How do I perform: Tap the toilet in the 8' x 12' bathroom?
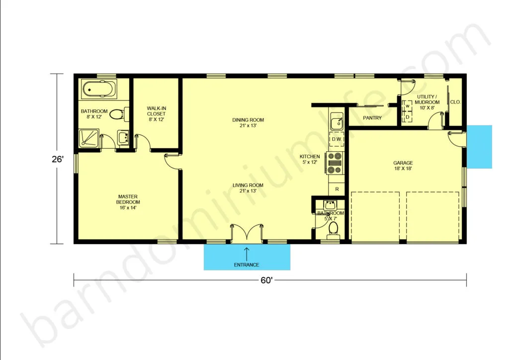pos(119,114)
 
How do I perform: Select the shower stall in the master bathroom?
pos(88,139)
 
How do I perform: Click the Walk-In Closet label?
pos(156,113)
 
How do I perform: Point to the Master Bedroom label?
pos(128,202)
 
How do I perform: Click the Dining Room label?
pos(248,123)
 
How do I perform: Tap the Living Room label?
pos(248,188)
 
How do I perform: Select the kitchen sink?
pos(337,122)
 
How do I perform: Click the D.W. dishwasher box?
pos(337,139)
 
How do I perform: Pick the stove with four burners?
pos(335,163)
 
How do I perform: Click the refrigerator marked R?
pos(337,188)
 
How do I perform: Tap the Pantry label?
pos(372,118)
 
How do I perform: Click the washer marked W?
pos(408,106)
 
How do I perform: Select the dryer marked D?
pos(408,117)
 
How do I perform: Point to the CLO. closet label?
pos(455,102)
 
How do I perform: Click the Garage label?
pos(403,166)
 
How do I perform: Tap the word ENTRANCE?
pos(247,265)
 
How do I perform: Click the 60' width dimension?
pos(266,280)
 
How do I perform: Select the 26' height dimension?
pos(57,160)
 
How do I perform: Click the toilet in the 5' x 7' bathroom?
pos(333,229)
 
